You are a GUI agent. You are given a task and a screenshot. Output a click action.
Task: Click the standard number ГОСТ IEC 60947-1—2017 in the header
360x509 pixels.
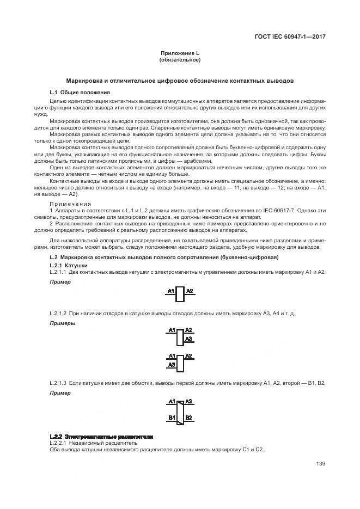pos(294,37)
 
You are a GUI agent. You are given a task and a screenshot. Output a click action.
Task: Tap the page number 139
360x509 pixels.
pos(321,464)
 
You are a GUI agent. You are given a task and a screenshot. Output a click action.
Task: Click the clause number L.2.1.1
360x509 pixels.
pos(58,271)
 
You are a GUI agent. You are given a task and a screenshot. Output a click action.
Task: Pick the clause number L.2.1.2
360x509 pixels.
pos(58,315)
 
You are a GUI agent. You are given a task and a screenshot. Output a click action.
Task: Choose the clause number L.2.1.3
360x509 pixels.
pos(58,384)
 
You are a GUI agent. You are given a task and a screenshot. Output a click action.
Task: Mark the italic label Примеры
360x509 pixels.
pos(62,323)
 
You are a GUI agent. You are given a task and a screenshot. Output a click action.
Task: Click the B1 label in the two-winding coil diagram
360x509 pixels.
pos(171,418)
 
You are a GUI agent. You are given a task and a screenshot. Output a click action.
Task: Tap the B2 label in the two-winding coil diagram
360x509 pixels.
pos(188,418)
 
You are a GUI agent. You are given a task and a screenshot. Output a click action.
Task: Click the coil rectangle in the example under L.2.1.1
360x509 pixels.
pos(180,294)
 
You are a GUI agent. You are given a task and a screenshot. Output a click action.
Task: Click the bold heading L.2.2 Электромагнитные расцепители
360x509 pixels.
pos(101,437)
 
